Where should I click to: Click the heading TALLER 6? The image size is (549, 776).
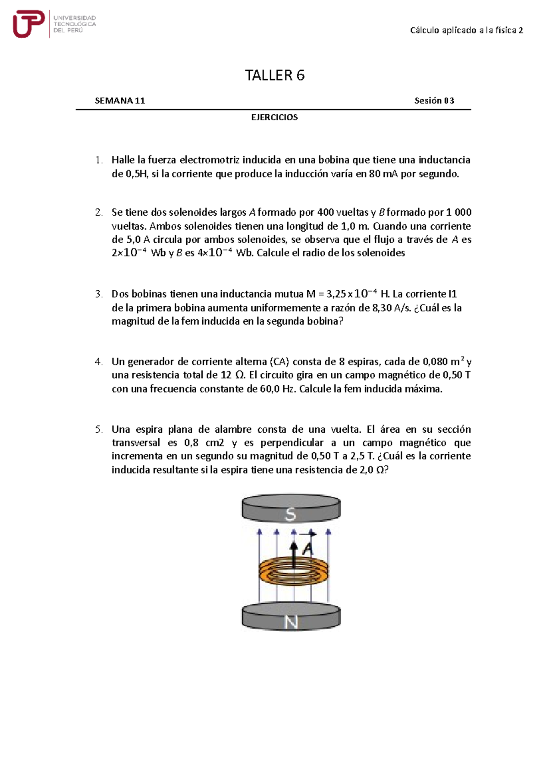pos(274,75)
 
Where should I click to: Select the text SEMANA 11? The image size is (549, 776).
pos(120,101)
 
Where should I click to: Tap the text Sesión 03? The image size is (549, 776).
pos(434,101)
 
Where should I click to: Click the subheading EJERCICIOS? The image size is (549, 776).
pos(274,117)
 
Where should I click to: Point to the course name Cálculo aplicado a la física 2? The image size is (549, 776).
pos(466,31)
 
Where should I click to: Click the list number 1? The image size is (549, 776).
pos(99,160)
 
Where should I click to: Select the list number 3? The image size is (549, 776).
pos(99,294)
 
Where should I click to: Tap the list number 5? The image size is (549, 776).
pos(99,430)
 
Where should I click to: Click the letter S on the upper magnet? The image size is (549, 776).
pos(291,515)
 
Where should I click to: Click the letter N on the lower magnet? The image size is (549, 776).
pos(291,622)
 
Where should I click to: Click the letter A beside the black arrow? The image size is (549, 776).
pos(308,548)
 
